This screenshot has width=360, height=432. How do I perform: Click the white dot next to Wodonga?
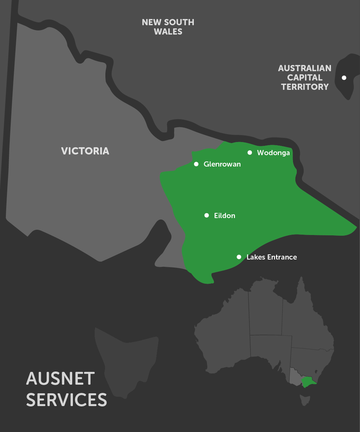click(x=250, y=152)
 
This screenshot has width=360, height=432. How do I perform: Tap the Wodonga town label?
click(x=273, y=153)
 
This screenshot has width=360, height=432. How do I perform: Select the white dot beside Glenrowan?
click(x=196, y=164)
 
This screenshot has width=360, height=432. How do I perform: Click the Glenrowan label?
click(x=222, y=164)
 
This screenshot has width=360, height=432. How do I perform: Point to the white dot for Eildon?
click(x=207, y=215)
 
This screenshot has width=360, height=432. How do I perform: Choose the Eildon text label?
click(x=225, y=216)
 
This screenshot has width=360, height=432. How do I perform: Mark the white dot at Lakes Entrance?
click(x=239, y=257)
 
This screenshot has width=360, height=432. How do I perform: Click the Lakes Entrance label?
click(x=272, y=257)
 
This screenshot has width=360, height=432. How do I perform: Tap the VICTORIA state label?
click(x=85, y=151)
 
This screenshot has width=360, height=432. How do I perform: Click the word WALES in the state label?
click(x=168, y=31)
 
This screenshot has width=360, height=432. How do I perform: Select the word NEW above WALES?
click(x=151, y=22)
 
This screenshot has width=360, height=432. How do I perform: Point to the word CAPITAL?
click(x=305, y=77)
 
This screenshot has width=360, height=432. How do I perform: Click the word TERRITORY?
click(x=305, y=87)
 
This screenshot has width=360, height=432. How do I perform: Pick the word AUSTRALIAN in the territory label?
click(x=305, y=68)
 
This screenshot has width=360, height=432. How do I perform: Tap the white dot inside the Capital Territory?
click(x=344, y=78)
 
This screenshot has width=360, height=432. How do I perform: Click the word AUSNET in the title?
click(x=60, y=378)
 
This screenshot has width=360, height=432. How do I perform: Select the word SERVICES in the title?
click(x=66, y=400)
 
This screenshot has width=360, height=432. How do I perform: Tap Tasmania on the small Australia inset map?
click(x=305, y=400)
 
